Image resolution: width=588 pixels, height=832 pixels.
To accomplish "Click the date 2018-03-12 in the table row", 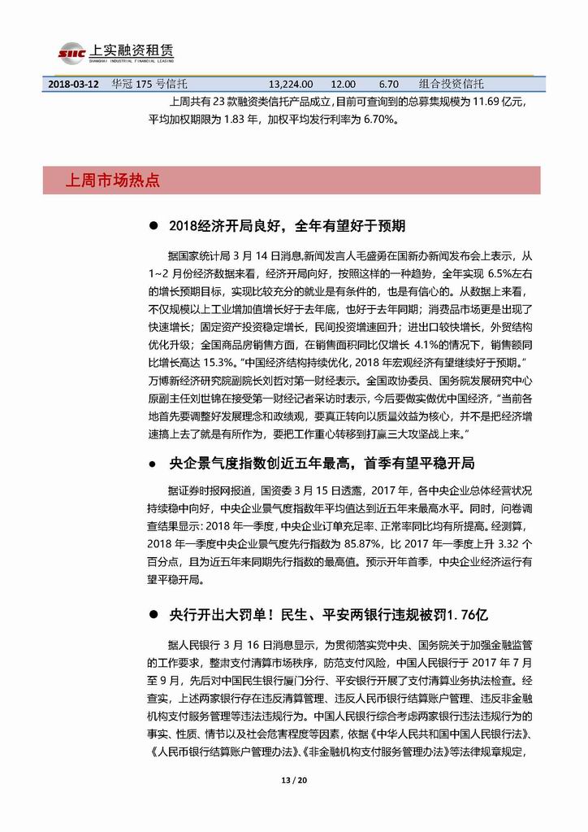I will tap(72, 83).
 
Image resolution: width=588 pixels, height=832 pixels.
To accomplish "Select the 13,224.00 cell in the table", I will tap(292, 83).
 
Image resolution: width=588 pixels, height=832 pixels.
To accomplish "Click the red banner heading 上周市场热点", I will tap(113, 180).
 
